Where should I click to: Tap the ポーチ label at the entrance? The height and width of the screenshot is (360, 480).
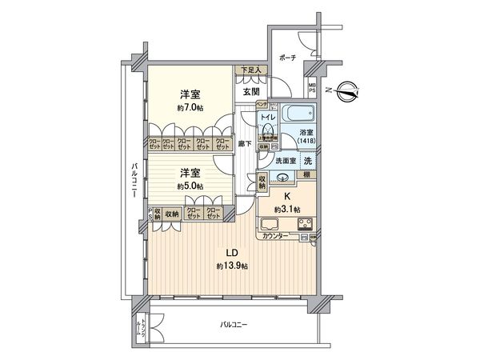(288, 58)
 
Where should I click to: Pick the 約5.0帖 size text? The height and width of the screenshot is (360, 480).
(190, 186)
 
